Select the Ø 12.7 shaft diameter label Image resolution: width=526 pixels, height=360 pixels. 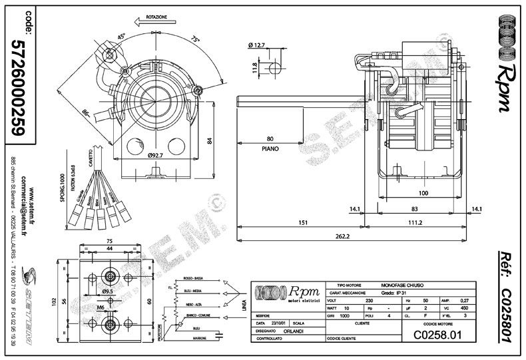click(258, 45)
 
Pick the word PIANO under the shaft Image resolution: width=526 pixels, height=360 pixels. click(270, 149)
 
